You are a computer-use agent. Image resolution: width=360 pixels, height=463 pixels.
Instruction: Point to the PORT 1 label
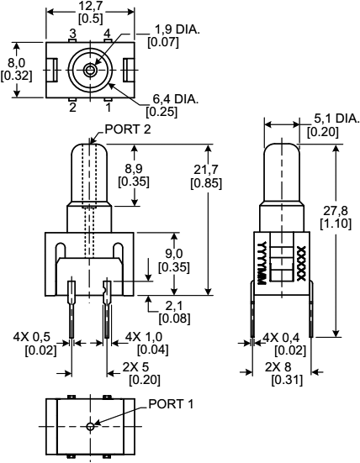point(171,403)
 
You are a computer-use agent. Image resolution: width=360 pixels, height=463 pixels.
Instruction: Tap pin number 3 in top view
point(72,33)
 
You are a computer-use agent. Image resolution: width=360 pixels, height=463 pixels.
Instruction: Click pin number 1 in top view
point(107,107)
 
